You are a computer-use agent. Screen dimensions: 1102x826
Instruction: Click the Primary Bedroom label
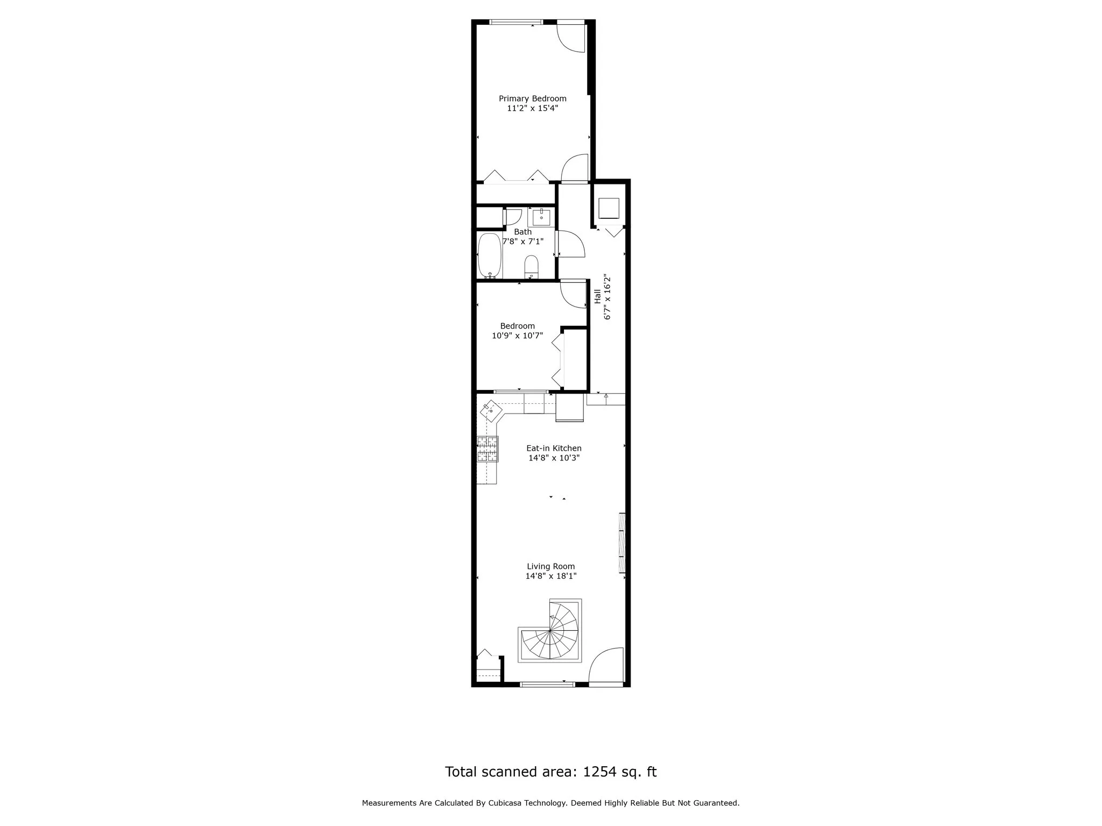click(x=532, y=98)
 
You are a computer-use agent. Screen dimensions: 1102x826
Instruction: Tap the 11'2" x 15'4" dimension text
click(x=532, y=108)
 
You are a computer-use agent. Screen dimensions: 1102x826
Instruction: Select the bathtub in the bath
click(x=490, y=256)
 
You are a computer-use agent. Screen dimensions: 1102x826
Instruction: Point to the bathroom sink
click(x=541, y=217)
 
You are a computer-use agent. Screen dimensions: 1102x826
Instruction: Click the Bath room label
click(x=522, y=232)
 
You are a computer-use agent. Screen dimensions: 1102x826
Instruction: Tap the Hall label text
click(x=597, y=297)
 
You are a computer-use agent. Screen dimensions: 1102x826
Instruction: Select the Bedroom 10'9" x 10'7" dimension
click(x=517, y=336)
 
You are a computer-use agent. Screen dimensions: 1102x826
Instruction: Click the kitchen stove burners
click(x=488, y=449)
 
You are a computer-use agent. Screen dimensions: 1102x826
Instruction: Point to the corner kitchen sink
click(x=491, y=409)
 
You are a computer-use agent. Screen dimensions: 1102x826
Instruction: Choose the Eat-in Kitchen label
click(x=554, y=448)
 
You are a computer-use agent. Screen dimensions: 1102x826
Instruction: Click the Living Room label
click(x=551, y=566)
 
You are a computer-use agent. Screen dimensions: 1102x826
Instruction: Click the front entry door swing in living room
click(x=606, y=666)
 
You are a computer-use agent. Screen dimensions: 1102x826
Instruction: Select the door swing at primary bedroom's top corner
click(x=570, y=37)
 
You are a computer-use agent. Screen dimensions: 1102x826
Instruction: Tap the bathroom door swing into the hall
click(x=570, y=244)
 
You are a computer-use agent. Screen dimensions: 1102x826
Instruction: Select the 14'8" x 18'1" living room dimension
click(x=551, y=576)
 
